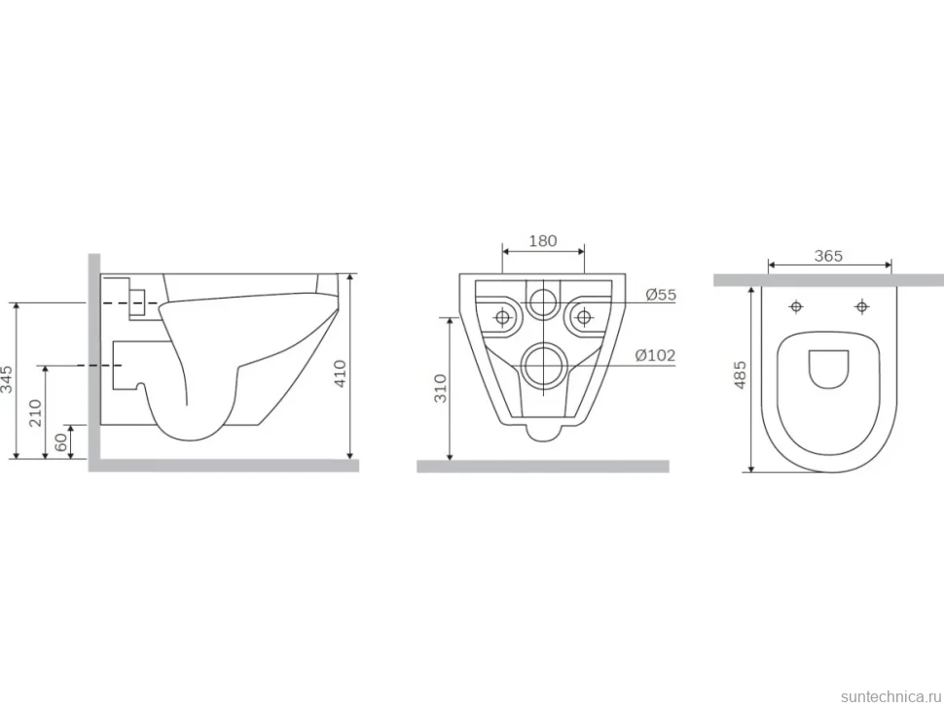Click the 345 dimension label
point(7,379)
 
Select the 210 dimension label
point(35,412)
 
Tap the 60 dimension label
point(60,442)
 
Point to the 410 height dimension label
point(341,372)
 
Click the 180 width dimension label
point(542,240)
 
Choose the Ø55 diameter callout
point(661,295)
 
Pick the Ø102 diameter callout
point(655,356)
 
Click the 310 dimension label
point(441,388)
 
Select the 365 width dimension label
point(828,256)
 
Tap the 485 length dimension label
point(740,374)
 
